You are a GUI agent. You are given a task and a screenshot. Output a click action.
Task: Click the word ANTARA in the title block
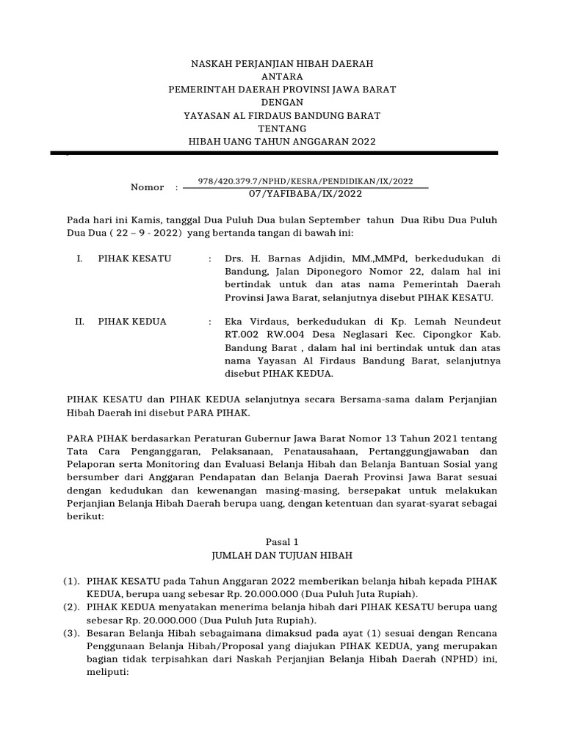282,76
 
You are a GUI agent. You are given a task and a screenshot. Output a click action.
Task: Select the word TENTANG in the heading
282,129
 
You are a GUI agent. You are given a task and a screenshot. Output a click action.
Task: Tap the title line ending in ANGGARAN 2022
282,142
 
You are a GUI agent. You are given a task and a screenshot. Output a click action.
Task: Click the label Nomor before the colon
147,188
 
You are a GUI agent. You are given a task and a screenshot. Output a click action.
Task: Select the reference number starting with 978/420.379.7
306,181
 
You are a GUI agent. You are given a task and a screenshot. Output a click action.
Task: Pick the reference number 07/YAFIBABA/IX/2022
306,194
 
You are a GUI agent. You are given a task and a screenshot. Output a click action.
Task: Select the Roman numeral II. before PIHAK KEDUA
80,322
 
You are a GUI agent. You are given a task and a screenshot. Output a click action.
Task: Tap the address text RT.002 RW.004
261,335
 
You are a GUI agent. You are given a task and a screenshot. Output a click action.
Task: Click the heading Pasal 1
282,540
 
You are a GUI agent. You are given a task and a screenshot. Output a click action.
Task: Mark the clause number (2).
71,607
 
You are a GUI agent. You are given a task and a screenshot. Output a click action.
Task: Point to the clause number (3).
71,633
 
